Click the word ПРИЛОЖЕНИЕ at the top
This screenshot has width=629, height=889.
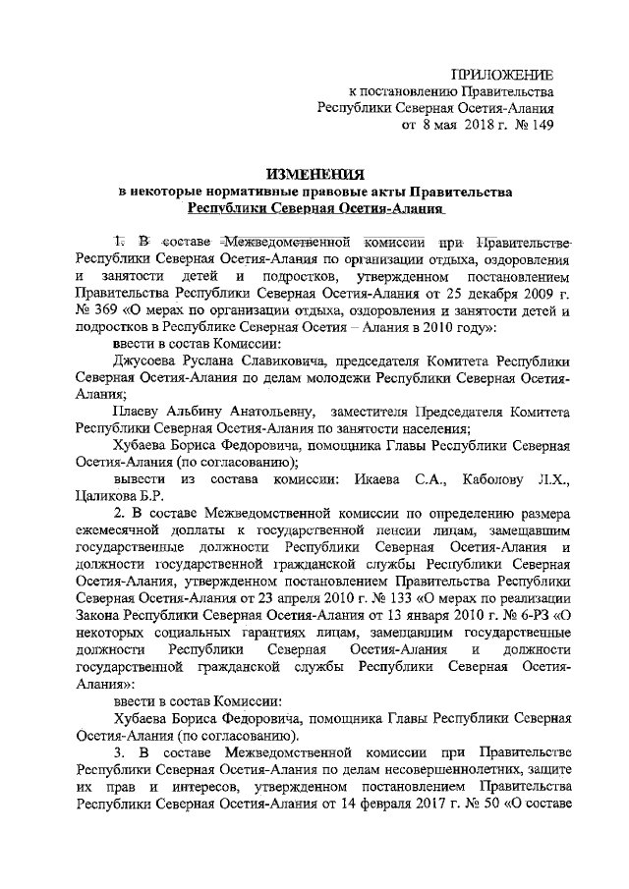point(501,76)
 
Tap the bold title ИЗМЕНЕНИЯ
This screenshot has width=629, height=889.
point(314,175)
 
